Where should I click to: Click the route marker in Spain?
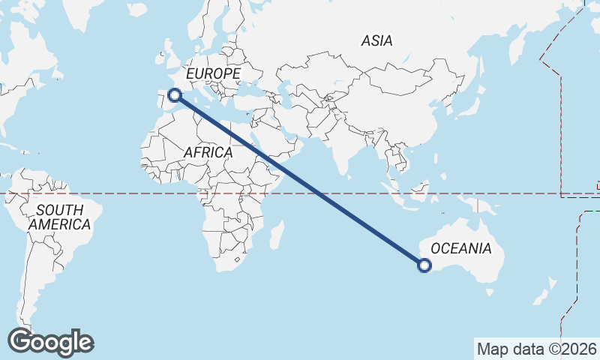(175, 94)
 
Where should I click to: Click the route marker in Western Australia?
(424, 264)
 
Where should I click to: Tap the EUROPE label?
(213, 73)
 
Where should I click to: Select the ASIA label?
(376, 40)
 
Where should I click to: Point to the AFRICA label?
(208, 152)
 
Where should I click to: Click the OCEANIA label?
(462, 248)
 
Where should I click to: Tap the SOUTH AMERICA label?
(59, 217)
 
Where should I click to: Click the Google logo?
(50, 342)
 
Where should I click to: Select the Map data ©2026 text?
(537, 349)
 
